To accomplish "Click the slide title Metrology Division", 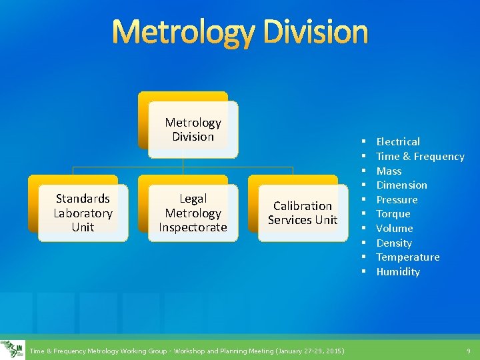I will (239, 32).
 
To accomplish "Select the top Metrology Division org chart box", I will (193, 129).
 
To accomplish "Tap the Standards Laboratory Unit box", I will (83, 213).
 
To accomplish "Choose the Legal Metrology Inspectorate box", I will (193, 213).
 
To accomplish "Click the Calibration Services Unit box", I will (303, 213).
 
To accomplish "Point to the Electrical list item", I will (398, 141).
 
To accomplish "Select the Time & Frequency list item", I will (420, 156).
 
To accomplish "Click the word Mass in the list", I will (389, 171).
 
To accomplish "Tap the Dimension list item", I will (401, 185).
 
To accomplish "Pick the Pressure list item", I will (397, 199).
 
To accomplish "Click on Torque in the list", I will (393, 214).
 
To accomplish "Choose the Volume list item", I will (395, 228).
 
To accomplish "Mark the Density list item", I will (394, 243).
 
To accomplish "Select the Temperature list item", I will (407, 257).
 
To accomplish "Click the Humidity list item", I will (398, 271).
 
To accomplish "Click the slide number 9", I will (468, 351).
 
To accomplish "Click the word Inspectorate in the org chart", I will (193, 227).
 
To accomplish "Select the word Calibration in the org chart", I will (303, 206).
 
